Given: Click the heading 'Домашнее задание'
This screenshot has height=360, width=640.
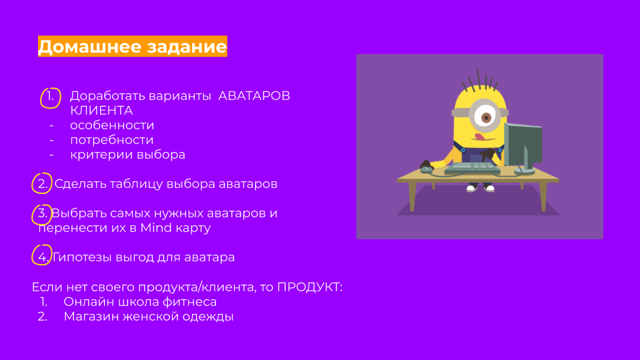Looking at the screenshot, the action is (132, 47).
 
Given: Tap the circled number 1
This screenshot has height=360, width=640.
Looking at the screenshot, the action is (50, 97).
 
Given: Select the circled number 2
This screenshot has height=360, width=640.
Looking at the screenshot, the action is (42, 184).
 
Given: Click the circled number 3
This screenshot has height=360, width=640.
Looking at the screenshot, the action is (41, 214).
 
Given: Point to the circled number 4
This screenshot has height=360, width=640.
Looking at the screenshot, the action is (42, 255).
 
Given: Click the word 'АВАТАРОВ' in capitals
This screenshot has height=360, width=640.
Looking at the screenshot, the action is (254, 96).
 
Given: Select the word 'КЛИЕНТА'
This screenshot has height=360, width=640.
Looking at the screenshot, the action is (101, 111).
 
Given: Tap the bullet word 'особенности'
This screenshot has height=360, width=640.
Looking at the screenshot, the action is (112, 125).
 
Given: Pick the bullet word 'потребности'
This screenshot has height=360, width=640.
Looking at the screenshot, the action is (112, 140).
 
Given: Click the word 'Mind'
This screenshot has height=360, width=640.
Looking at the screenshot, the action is (156, 228).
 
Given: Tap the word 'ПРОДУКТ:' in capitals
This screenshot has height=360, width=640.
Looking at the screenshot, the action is (310, 287).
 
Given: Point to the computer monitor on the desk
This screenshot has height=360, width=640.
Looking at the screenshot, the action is (523, 147).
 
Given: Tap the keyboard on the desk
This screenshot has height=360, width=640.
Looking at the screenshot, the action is (472, 167).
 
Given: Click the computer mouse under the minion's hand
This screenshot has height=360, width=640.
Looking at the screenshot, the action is (427, 168).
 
